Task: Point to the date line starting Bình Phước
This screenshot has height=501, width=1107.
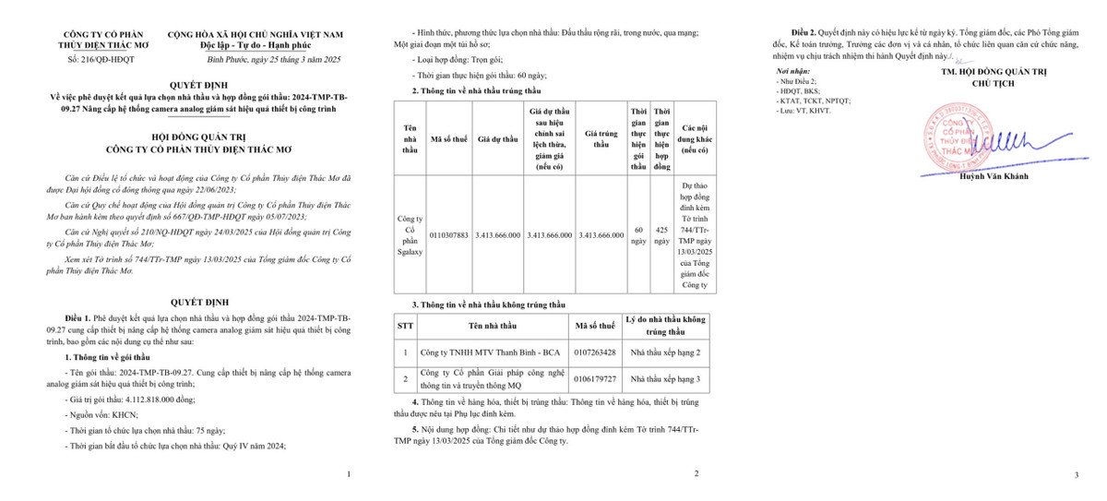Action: (x=262, y=59)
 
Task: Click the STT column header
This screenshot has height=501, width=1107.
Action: (x=406, y=325)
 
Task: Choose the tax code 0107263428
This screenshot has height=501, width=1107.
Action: (x=595, y=352)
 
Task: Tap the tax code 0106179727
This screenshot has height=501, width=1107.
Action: (x=595, y=378)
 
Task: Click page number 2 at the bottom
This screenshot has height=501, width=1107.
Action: (x=696, y=474)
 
